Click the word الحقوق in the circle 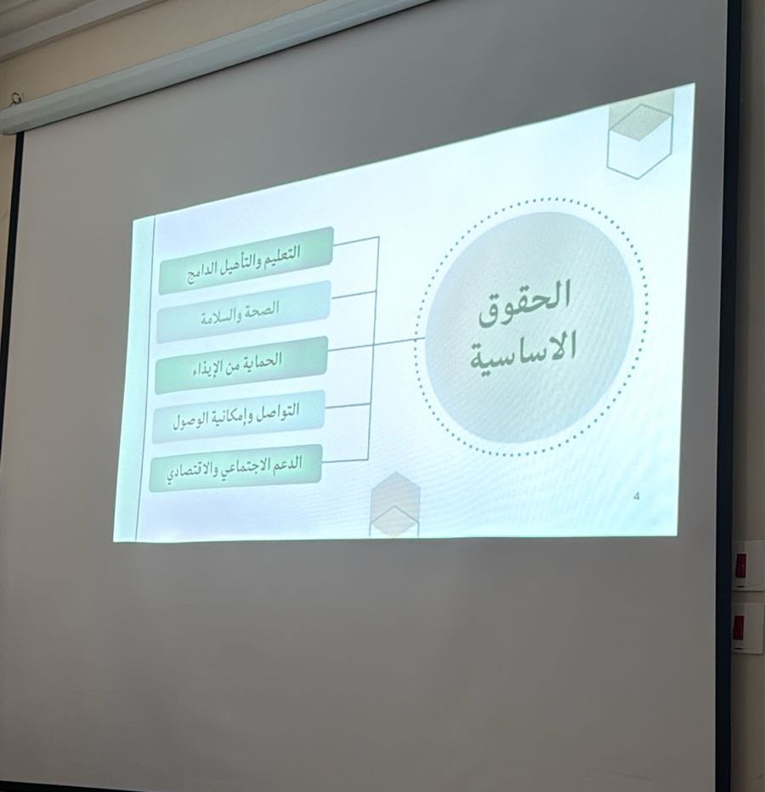[524, 303]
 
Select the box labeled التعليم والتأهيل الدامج [246, 261]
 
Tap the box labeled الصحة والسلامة [243, 312]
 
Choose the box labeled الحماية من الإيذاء [241, 365]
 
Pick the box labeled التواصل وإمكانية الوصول [238, 416]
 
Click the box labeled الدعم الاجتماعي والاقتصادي [235, 467]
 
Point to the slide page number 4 [636, 496]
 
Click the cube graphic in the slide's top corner [640, 139]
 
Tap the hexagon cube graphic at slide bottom [394, 504]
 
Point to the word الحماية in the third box [263, 360]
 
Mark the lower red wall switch [739, 627]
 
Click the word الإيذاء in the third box [207, 368]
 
